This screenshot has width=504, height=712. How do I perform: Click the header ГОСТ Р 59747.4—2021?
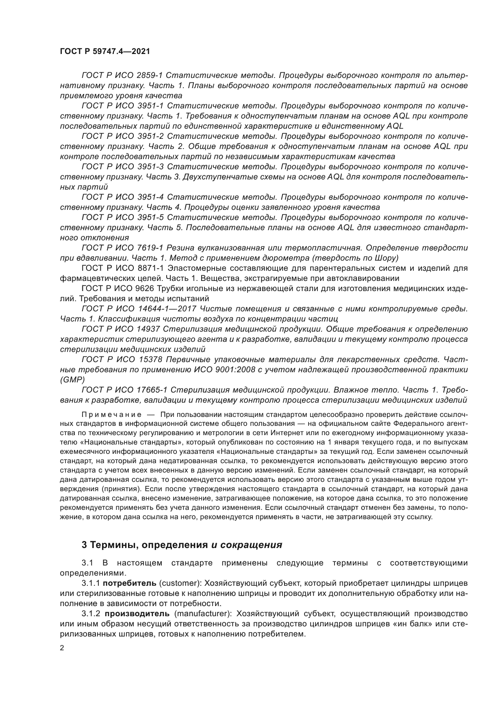pyautogui.click(x=104, y=52)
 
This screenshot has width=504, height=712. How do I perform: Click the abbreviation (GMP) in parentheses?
pyautogui.click(x=72, y=380)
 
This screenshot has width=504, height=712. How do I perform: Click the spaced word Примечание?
pyautogui.click(x=111, y=414)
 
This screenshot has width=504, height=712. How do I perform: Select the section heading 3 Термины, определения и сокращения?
pyautogui.click(x=182, y=545)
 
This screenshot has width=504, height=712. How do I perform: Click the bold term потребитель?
pyautogui.click(x=130, y=583)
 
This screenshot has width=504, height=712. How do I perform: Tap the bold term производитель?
pyautogui.click(x=136, y=613)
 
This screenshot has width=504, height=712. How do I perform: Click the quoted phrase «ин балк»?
pyautogui.click(x=413, y=624)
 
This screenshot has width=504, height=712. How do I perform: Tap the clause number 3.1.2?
pyautogui.click(x=91, y=613)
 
